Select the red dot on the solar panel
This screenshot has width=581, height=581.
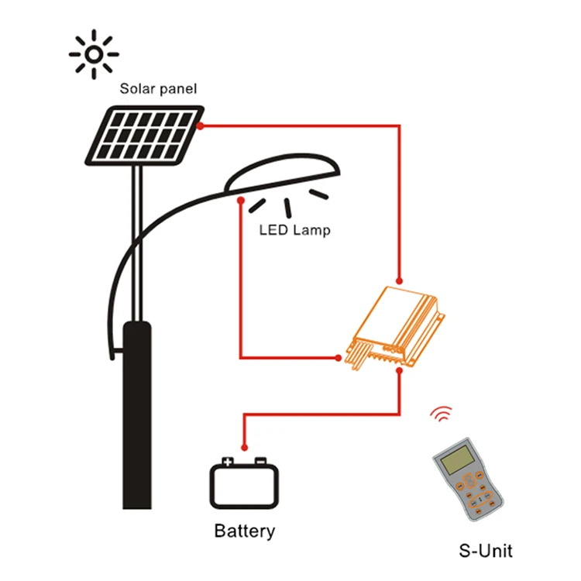(201, 125)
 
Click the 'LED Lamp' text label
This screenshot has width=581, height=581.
(294, 230)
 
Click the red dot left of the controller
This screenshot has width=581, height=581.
(339, 358)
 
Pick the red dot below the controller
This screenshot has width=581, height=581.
(400, 373)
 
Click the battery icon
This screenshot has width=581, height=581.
(244, 484)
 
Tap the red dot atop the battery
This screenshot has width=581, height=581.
(245, 447)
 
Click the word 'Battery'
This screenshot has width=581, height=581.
(244, 531)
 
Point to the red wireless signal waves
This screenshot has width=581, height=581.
(441, 415)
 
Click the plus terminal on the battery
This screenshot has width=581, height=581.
(228, 462)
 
